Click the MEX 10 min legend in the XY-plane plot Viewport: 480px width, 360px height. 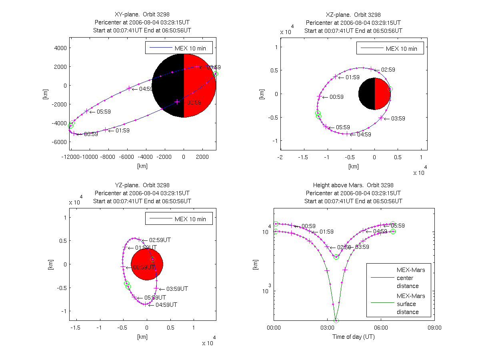pyautogui.click(x=179, y=48)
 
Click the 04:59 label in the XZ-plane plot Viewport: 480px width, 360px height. pyautogui.click(x=360, y=135)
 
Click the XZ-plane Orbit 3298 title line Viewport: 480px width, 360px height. pyautogui.click(x=353, y=15)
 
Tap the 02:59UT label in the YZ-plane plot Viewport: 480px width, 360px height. pyautogui.click(x=157, y=240)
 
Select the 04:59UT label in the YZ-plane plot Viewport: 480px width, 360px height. pyautogui.click(x=163, y=305)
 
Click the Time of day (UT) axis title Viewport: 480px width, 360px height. pyautogui.click(x=354, y=337)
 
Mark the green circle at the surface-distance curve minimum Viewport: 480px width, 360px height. pyautogui.click(x=336, y=320)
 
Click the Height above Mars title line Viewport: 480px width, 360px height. pyautogui.click(x=353, y=185)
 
